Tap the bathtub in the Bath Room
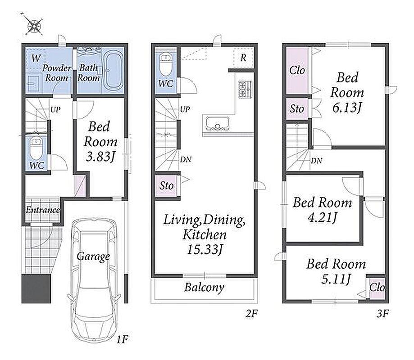tap(113, 70)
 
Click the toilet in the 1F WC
tap(36, 148)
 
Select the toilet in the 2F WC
tap(166, 64)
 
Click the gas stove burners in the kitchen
tap(245, 90)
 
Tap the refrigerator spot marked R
tap(243, 58)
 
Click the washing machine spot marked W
tap(36, 58)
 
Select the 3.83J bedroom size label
tap(100, 157)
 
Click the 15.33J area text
tap(205, 249)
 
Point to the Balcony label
tap(204, 288)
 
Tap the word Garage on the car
tap(93, 256)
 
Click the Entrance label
tap(43, 210)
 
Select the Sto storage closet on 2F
tap(167, 186)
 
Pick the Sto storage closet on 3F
tap(297, 108)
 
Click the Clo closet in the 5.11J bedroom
tap(377, 288)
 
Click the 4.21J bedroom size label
tap(322, 218)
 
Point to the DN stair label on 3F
tap(316, 161)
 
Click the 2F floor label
tap(251, 314)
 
